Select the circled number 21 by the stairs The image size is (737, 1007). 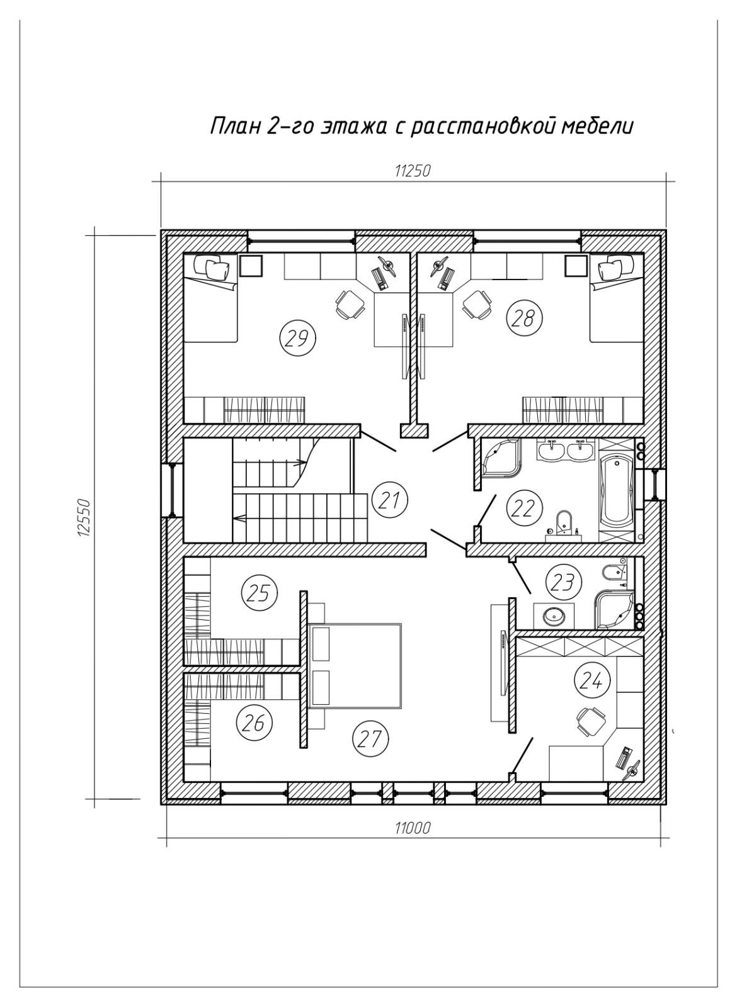click(390, 500)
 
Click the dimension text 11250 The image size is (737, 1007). click(413, 171)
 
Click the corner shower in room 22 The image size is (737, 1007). click(501, 459)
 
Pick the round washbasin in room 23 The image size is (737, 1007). click(554, 616)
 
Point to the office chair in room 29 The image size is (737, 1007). click(350, 304)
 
